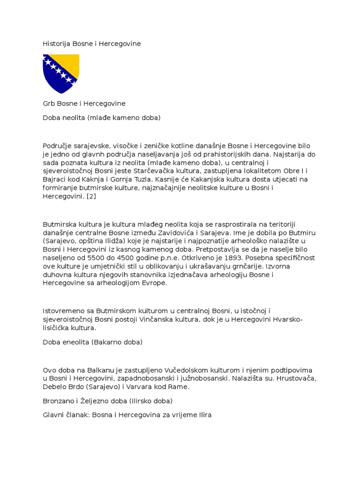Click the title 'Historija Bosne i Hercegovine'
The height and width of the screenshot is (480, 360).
point(91,44)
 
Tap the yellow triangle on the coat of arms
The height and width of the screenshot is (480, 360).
point(70,63)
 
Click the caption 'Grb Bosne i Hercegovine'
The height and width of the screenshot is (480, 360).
point(84,103)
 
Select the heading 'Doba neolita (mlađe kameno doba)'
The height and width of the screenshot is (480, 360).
point(101,118)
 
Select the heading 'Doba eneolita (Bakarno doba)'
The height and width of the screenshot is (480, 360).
point(92,342)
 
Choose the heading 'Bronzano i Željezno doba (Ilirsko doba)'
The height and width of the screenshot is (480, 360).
point(107,401)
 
